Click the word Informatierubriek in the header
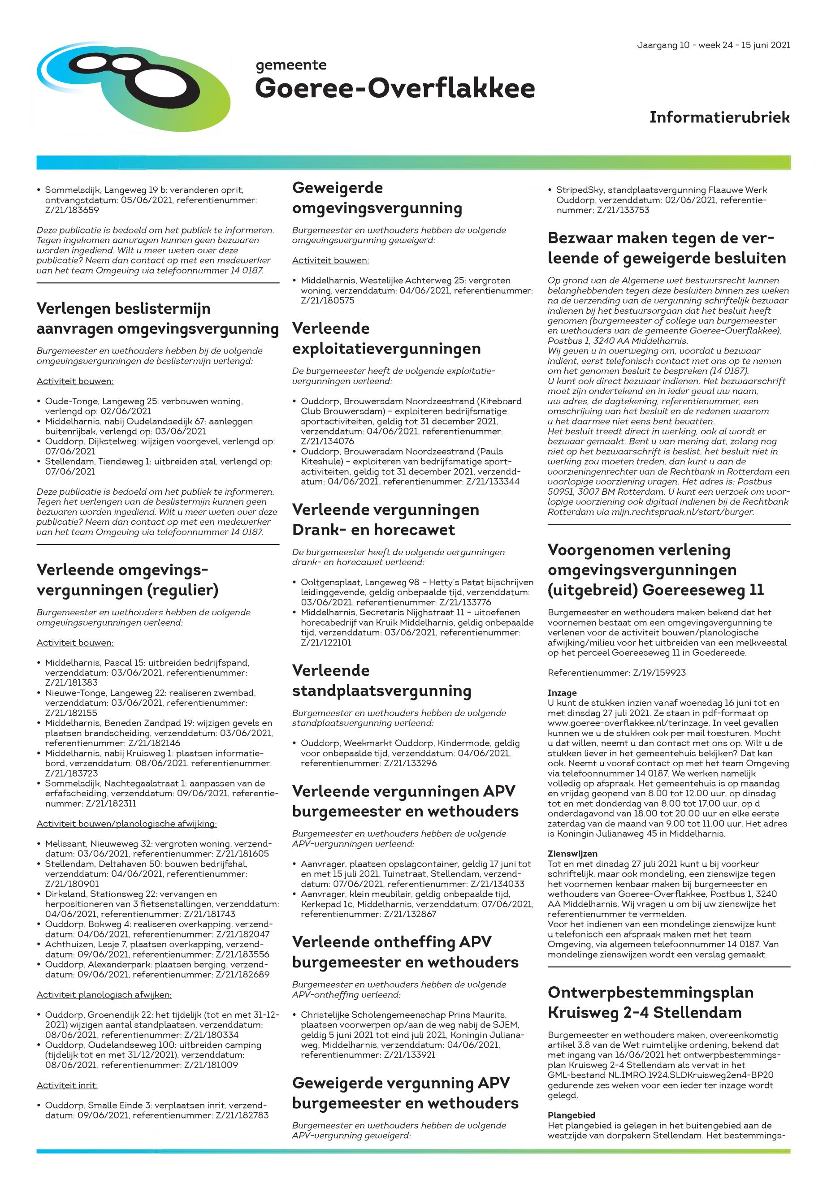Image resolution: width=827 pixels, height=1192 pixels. click(719, 117)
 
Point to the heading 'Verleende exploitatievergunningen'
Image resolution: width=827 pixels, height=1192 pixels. click(386, 338)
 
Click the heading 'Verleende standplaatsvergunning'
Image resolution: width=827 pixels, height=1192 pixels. click(381, 680)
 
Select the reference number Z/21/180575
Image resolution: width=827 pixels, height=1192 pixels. click(328, 300)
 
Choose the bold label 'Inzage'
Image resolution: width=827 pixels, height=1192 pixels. click(562, 693)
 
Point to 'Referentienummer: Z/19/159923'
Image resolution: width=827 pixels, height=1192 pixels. click(616, 673)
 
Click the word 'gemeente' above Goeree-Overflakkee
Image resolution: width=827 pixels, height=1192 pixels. click(291, 65)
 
